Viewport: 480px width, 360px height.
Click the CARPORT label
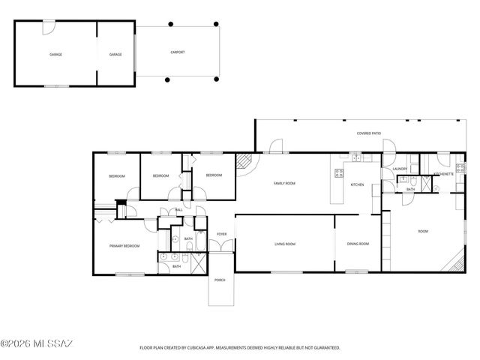177,52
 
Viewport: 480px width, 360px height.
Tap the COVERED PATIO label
368,133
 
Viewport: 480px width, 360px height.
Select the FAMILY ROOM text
283,183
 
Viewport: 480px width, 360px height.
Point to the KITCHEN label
357,184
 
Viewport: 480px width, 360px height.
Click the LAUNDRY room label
400,169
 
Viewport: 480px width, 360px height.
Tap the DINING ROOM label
358,244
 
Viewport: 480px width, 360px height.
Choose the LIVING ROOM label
283,244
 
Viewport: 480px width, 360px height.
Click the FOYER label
222,235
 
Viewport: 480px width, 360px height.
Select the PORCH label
220,280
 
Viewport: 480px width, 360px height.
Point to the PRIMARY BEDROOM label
124,245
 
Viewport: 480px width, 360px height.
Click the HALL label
178,211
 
